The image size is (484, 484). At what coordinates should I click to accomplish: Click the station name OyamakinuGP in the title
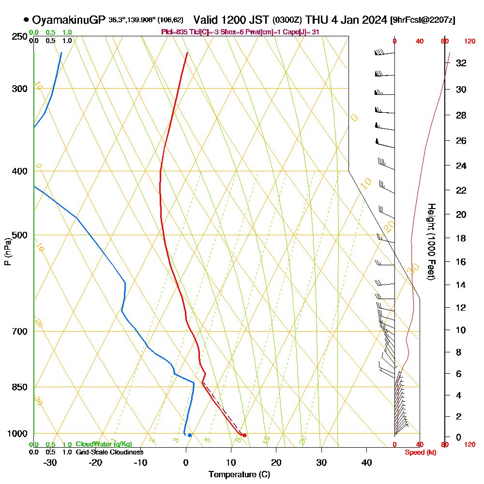68,20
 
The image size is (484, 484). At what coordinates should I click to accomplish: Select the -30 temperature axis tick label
50,462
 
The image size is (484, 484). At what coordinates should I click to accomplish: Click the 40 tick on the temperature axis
367,462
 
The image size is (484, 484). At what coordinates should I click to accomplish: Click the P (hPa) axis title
7,251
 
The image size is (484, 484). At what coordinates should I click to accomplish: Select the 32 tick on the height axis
461,63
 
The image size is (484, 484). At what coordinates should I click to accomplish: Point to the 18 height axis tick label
461,238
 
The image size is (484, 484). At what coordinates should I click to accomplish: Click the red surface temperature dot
244,435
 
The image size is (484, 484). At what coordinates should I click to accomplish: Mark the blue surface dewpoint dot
190,435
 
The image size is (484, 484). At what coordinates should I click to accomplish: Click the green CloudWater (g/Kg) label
104,444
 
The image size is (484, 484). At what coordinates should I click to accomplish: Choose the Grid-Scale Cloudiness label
109,452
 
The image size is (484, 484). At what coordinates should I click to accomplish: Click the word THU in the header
317,20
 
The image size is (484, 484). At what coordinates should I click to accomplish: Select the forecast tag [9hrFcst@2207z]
423,20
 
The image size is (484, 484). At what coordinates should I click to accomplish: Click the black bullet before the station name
26,20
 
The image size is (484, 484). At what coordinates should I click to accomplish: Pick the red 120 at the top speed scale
469,42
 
